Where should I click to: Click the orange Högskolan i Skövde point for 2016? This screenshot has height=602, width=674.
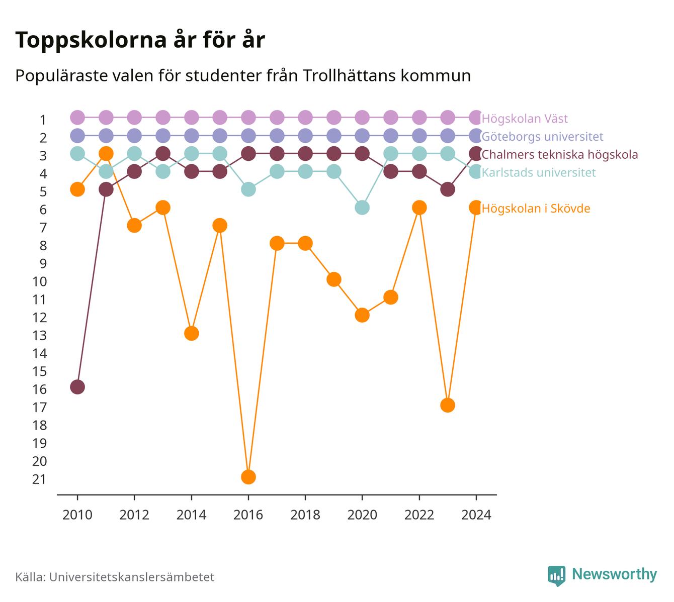point(248,477)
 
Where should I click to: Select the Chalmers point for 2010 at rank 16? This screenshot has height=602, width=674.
point(77,387)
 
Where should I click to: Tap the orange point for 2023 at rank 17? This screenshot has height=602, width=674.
point(448,405)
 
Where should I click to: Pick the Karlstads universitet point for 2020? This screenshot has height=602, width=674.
point(362,208)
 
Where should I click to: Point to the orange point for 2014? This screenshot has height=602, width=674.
point(191,333)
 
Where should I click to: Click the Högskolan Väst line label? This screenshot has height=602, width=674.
point(525,118)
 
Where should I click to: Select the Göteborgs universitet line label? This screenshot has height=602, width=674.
point(542,136)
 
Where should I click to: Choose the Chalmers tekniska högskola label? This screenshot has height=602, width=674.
point(559,154)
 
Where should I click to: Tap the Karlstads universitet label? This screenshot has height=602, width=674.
point(539,172)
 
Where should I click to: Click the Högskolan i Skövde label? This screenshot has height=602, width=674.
point(536,209)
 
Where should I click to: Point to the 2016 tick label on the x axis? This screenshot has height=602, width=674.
point(248,515)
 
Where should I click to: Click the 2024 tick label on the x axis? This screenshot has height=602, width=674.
point(476,515)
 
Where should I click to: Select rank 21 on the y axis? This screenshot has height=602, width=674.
point(39,479)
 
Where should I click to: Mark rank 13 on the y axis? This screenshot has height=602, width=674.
point(39,335)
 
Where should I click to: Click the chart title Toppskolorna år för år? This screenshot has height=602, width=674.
point(140,40)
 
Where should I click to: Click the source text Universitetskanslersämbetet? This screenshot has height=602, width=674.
point(132,577)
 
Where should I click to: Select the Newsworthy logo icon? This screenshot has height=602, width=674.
point(557,576)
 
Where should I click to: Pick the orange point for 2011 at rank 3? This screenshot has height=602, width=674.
point(106,154)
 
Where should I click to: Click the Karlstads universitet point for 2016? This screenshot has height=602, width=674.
point(248,189)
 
